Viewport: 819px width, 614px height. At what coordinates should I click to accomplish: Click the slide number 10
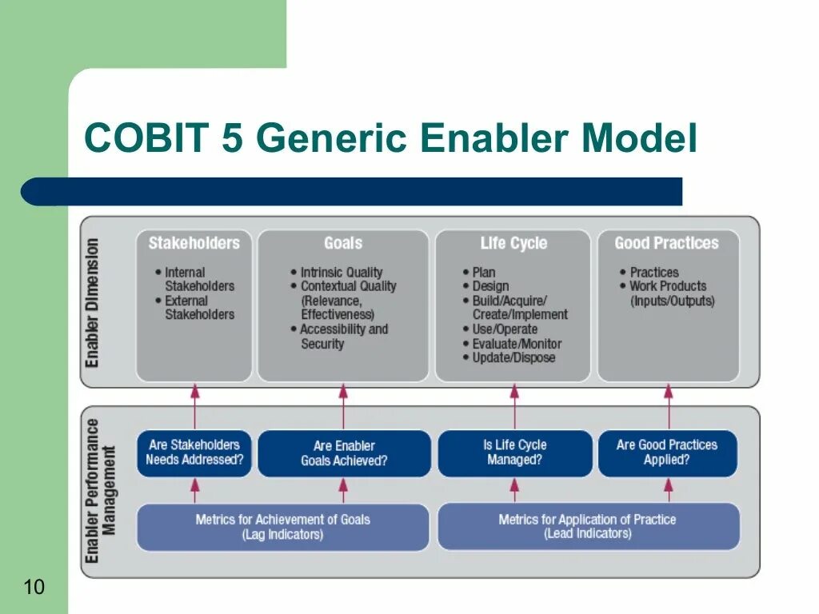[34, 588]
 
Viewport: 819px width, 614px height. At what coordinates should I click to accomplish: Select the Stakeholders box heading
[194, 243]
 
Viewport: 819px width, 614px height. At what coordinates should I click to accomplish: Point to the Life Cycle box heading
[513, 243]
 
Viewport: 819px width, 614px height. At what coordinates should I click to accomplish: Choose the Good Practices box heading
[666, 243]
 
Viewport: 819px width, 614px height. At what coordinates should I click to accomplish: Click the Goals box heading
[343, 243]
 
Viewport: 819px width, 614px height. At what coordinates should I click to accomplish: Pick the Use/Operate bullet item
[505, 329]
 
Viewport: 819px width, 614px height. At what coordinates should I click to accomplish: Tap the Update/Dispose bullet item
[513, 358]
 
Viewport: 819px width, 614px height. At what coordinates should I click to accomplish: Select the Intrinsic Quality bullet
[342, 273]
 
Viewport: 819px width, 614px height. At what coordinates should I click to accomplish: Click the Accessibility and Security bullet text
[344, 337]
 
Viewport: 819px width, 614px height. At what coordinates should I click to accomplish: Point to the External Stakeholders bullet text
[199, 308]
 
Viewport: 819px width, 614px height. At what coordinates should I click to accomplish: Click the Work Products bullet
[668, 286]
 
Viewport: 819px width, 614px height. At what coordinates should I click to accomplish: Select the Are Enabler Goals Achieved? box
[344, 453]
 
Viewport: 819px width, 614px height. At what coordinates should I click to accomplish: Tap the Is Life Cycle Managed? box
[514, 453]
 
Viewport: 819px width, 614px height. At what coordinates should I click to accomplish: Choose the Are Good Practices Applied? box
[667, 453]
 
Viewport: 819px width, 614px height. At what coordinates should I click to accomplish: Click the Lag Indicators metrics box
[282, 527]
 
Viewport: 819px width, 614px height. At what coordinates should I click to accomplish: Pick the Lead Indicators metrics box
[588, 526]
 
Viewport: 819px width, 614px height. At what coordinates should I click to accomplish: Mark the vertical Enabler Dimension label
[94, 302]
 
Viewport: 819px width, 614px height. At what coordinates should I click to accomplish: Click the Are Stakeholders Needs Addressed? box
[194, 453]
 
